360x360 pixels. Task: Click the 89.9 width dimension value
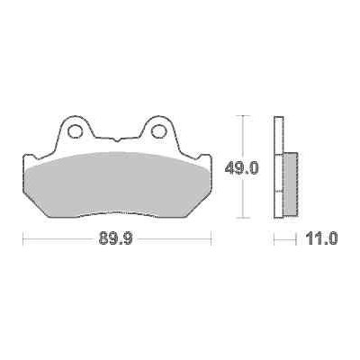[x=115, y=238]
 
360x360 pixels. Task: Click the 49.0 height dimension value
[x=241, y=168]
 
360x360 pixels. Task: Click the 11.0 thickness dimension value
[x=322, y=238]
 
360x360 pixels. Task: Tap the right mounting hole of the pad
[x=157, y=131]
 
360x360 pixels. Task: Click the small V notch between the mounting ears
[x=116, y=139]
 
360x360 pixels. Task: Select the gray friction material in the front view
[x=118, y=184]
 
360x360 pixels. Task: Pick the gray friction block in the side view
[x=290, y=184]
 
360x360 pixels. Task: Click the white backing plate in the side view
[x=278, y=166]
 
